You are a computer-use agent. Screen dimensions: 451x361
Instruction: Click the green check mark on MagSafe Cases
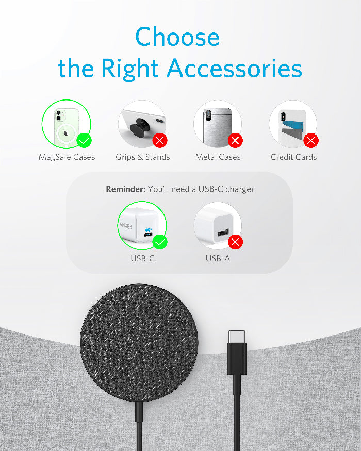coord(84,140)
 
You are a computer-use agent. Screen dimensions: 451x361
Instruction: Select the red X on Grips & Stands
coord(160,140)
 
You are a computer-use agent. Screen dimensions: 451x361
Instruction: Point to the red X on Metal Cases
coord(236,140)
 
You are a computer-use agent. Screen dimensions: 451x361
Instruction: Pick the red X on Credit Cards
coord(311,140)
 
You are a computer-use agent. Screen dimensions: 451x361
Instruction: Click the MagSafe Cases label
coord(67,157)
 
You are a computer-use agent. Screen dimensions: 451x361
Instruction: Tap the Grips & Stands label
coord(142,157)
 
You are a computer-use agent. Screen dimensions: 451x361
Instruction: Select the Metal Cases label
coord(218,157)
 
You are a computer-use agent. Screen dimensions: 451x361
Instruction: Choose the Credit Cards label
coord(293,157)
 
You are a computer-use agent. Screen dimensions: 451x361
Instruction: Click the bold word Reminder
coord(125,189)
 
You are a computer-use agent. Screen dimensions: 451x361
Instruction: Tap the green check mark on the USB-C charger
coord(160,242)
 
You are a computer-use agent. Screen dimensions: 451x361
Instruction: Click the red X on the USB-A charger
coord(236,242)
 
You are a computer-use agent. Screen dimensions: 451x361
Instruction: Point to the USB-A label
coord(218,258)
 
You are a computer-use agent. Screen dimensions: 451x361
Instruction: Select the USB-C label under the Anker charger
coord(142,258)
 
